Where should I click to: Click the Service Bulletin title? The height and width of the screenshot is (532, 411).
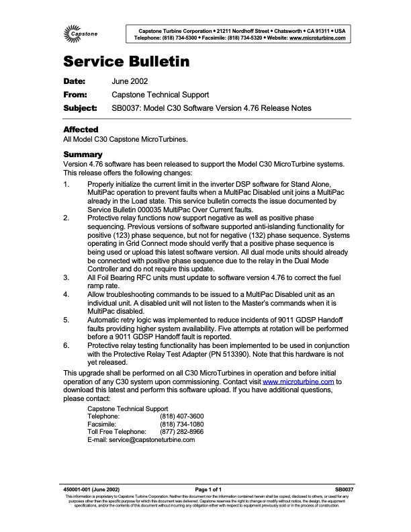pyautogui.click(x=126, y=62)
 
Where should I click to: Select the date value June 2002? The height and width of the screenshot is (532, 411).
pyautogui.click(x=130, y=81)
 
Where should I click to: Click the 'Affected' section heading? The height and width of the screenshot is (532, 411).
pyautogui.click(x=81, y=129)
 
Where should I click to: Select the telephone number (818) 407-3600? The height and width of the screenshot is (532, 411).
pyautogui.click(x=181, y=416)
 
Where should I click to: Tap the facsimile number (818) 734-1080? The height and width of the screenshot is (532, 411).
pyautogui.click(x=181, y=425)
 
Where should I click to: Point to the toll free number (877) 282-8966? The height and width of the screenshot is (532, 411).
pyautogui.click(x=181, y=432)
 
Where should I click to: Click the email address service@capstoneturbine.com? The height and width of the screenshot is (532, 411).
pyautogui.click(x=141, y=440)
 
